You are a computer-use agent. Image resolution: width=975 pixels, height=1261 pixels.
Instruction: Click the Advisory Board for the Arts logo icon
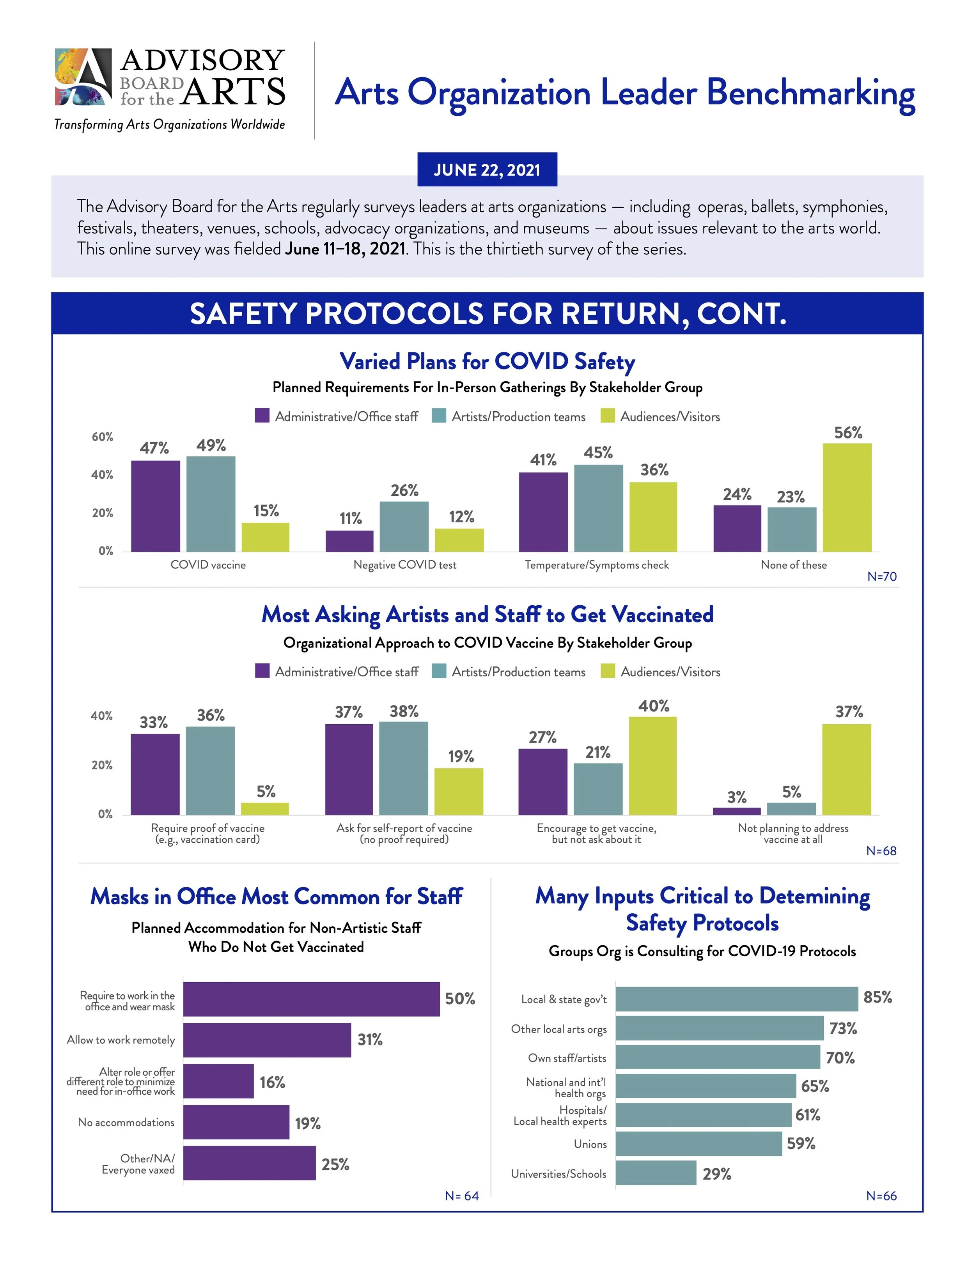pos(83,77)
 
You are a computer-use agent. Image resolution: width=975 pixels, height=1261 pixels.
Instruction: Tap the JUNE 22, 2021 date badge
pos(487,170)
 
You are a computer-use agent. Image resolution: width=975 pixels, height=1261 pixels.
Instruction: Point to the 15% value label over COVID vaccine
pos(266,510)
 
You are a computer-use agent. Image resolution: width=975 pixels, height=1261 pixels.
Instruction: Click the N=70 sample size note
pos(881,576)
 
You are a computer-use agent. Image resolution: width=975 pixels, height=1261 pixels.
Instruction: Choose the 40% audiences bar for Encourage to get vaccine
pos(653,766)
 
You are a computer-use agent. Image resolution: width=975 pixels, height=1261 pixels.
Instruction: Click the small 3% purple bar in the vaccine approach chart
pos(736,811)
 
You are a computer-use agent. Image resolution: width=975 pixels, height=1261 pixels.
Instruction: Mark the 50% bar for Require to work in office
pos(311,999)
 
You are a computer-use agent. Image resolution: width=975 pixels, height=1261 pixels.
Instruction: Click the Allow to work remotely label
pos(121,1040)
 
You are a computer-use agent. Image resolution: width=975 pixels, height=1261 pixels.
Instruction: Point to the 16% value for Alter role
pos(272,1082)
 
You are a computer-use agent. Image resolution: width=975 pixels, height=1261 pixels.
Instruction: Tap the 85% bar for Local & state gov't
pos(736,999)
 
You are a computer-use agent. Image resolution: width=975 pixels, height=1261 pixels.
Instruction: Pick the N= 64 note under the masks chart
pos(461,1196)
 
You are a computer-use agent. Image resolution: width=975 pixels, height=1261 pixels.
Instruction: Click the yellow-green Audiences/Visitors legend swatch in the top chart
pos(608,416)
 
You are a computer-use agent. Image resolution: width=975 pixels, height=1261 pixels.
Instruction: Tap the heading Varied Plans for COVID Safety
pos(487,361)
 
